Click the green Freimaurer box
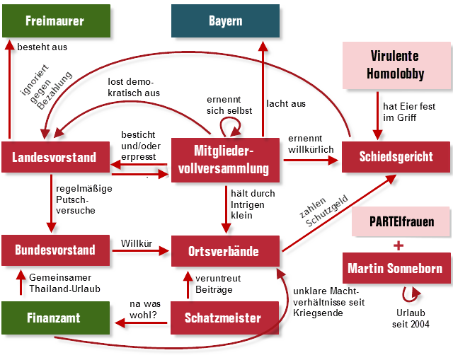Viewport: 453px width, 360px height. pyautogui.click(x=54, y=21)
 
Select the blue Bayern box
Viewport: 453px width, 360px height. pyautogui.click(x=225, y=21)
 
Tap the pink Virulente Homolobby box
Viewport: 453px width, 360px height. pyautogui.click(x=396, y=64)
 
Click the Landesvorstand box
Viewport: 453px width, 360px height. pyautogui.click(x=54, y=157)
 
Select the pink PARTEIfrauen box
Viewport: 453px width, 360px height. pyautogui.click(x=401, y=221)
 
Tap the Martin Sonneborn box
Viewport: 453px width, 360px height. pyautogui.click(x=394, y=268)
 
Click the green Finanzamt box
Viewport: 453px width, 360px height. pyautogui.click(x=55, y=318)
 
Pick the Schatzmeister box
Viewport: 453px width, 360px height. pyautogui.click(x=225, y=318)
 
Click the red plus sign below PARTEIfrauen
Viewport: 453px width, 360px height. pyautogui.click(x=399, y=245)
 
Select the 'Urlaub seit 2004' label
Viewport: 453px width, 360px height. pyautogui.click(x=411, y=318)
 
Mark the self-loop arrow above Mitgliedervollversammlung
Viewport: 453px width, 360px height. pyautogui.click(x=231, y=126)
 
